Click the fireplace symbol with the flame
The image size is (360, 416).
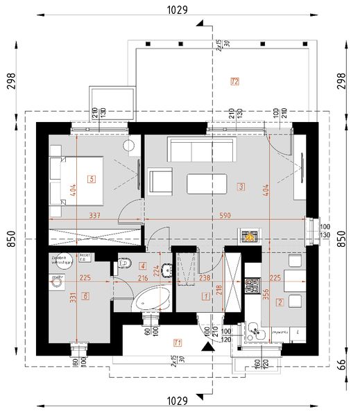(x=250, y=236)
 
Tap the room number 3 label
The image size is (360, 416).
(x=240, y=187)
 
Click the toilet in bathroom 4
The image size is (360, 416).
(x=124, y=263)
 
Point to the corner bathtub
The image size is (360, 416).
(x=153, y=300)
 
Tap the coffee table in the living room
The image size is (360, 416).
(x=206, y=184)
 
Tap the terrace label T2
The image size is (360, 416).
(x=234, y=83)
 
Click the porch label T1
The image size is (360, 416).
(x=178, y=342)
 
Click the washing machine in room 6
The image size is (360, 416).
(x=55, y=281)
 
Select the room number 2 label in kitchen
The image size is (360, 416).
(x=280, y=302)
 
